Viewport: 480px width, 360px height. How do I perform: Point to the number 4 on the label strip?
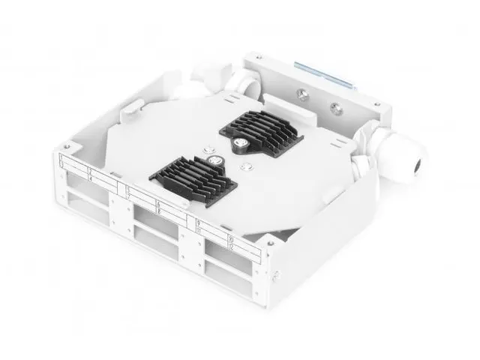pyautogui.click(x=91, y=178)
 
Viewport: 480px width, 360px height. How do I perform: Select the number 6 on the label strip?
pyautogui.click(x=159, y=203)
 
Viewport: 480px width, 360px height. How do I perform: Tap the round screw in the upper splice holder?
pyautogui.click(x=241, y=139)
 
